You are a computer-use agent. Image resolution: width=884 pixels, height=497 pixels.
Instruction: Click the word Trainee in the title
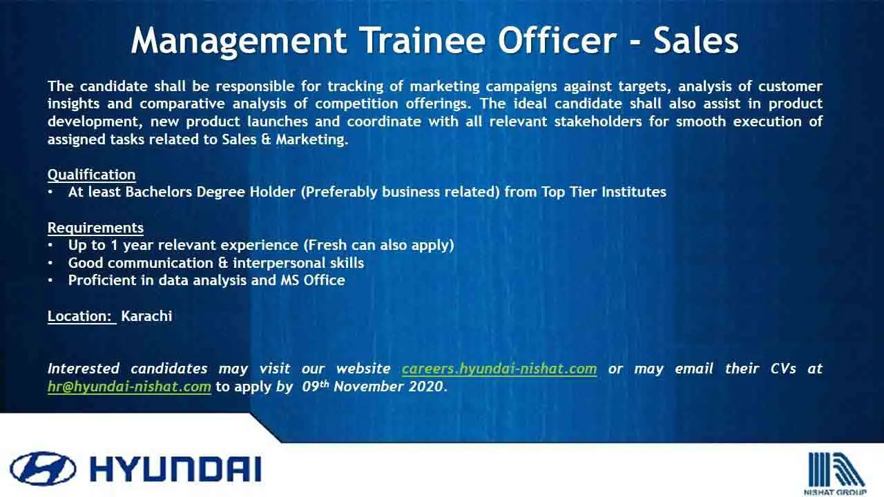[423, 40]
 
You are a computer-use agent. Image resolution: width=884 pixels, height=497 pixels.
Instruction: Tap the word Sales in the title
[695, 40]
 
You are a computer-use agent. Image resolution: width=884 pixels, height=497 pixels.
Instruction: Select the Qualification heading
[92, 175]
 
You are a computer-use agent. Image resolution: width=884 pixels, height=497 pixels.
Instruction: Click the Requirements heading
[95, 228]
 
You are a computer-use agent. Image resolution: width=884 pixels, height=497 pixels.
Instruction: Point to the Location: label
[80, 316]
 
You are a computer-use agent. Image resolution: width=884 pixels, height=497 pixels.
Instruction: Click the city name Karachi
[146, 316]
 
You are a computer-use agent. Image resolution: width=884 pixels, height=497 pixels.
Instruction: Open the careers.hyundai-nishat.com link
[499, 369]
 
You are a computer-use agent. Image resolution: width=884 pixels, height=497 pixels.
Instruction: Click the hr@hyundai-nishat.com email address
[129, 387]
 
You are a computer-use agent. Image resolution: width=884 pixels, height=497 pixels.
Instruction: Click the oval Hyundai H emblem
[43, 469]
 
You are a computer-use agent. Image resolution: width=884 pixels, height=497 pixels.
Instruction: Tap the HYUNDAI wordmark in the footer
[175, 469]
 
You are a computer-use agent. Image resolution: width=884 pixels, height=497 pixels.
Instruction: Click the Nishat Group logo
[835, 474]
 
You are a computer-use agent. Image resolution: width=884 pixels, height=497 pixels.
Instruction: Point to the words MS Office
[313, 280]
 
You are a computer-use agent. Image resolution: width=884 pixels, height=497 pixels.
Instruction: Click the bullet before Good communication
[50, 263]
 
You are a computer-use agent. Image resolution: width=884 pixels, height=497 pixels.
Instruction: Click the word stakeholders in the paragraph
[598, 121]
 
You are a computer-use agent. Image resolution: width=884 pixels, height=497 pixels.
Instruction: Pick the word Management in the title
[239, 41]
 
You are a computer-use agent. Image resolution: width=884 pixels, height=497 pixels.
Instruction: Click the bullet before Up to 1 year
[50, 245]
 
